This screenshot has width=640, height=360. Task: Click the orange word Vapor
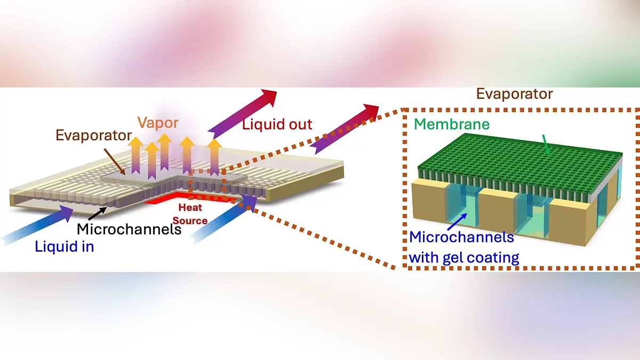click(158, 123)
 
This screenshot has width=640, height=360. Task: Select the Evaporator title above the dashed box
click(514, 94)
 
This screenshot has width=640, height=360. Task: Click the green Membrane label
click(452, 124)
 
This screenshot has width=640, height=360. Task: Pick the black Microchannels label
click(129, 229)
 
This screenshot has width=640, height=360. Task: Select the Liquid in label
click(64, 247)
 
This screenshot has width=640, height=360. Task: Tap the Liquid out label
click(277, 125)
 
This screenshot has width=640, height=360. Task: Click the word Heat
click(190, 207)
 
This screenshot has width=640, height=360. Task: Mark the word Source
click(190, 220)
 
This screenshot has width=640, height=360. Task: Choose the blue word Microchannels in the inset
click(461, 237)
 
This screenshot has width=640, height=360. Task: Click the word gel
click(454, 258)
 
